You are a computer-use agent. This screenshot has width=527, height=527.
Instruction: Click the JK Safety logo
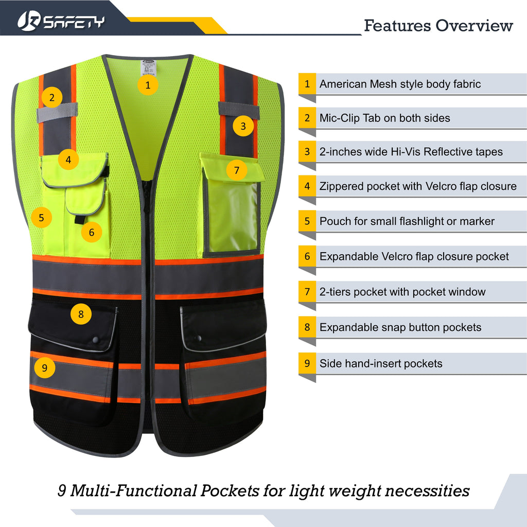(61, 21)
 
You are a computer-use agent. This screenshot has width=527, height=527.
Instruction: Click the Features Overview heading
(438, 25)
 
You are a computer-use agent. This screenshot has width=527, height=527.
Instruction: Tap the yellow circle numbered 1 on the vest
(148, 85)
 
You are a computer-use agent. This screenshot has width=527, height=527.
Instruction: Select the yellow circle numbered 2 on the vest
(52, 97)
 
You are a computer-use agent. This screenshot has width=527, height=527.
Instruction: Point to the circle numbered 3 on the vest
(243, 126)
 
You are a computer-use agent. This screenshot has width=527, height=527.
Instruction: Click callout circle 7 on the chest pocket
(237, 170)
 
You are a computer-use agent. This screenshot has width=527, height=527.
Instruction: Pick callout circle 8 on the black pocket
(81, 313)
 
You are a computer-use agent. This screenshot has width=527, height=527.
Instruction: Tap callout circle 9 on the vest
(45, 367)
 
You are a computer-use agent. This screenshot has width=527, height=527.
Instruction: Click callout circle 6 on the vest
(92, 232)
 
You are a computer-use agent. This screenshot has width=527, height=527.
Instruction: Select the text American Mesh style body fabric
(400, 84)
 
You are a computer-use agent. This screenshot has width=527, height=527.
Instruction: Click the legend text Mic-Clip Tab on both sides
(384, 118)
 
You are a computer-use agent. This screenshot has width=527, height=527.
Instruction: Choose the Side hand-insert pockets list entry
(380, 363)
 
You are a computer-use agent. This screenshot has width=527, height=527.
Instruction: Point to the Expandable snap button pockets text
(400, 327)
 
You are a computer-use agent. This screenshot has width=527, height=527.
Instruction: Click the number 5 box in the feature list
(307, 221)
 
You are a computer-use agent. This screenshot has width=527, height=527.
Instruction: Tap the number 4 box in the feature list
(307, 186)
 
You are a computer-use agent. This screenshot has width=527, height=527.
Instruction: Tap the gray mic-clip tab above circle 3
(238, 109)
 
